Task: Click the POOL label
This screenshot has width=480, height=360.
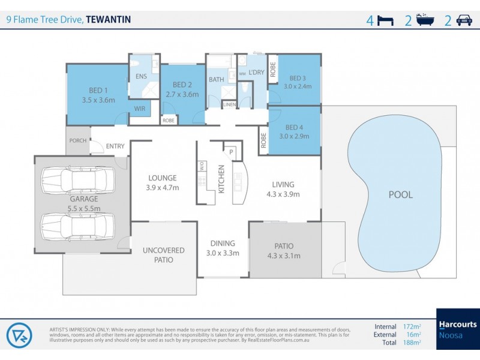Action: click(400, 195)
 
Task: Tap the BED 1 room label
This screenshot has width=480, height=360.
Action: click(98, 91)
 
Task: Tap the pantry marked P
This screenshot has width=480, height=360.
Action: click(231, 152)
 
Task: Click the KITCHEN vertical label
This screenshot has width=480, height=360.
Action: click(221, 179)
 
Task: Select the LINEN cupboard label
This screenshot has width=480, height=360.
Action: click(229, 104)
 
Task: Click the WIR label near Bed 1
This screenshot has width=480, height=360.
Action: click(139, 109)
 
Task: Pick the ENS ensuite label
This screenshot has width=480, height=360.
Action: click(141, 76)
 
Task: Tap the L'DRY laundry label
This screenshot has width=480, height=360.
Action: click(256, 72)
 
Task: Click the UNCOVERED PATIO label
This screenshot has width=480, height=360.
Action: click(164, 255)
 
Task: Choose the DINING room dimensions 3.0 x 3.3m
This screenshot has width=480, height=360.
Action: click(223, 253)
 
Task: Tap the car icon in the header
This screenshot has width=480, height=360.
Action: click(464, 20)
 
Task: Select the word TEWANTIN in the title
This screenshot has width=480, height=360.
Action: click(109, 19)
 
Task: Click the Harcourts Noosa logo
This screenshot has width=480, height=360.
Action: click(458, 329)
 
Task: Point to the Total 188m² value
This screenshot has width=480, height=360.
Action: click(412, 343)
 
